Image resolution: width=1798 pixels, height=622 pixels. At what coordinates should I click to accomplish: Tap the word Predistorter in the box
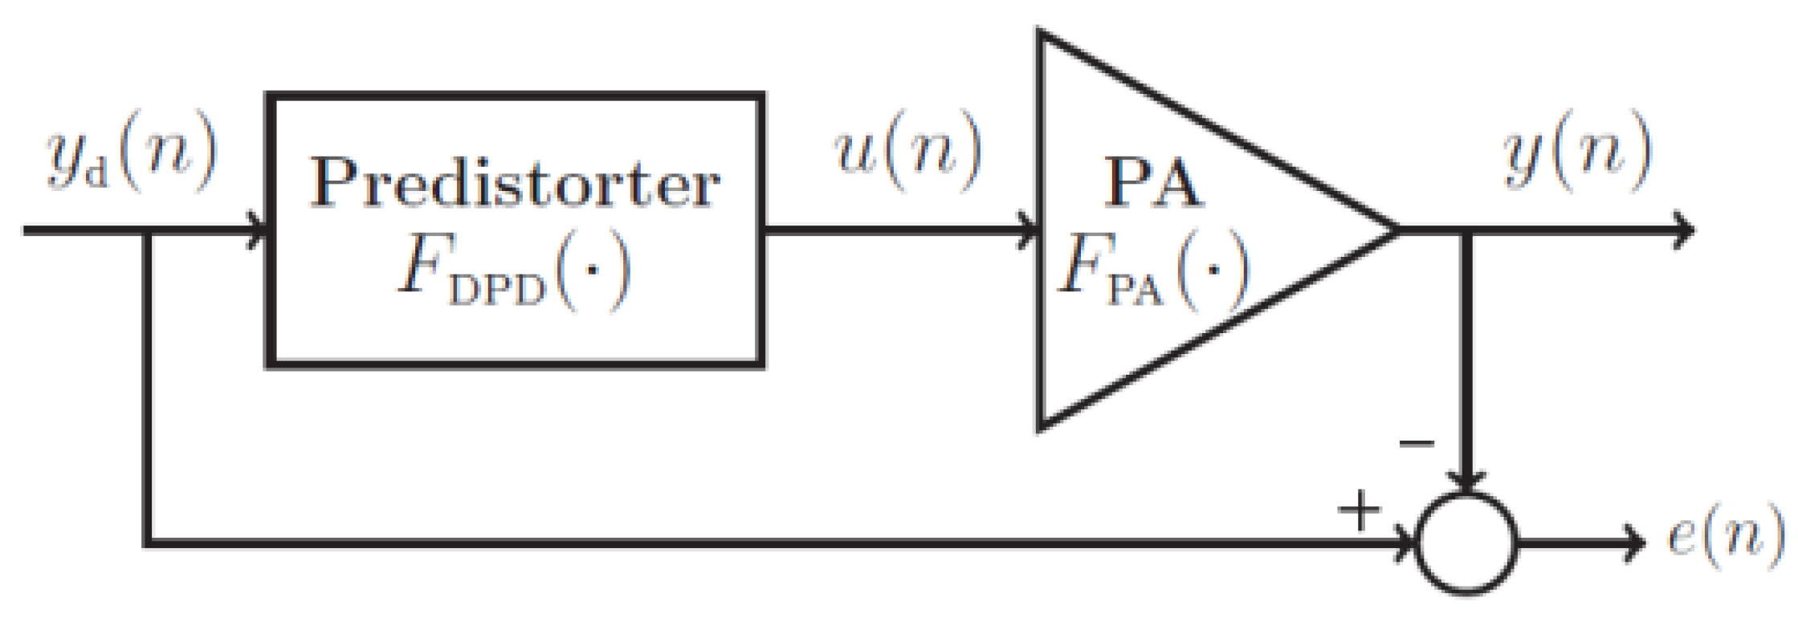(515, 183)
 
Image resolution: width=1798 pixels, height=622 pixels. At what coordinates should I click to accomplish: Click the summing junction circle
(1466, 543)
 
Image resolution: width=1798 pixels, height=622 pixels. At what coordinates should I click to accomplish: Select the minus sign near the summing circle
(1416, 443)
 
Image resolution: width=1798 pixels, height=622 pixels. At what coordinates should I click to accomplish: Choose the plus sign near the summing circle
(1359, 509)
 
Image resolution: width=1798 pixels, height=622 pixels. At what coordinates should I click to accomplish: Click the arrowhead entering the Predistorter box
(259, 230)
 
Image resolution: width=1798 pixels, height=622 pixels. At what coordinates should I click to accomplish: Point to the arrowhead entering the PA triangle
(1030, 230)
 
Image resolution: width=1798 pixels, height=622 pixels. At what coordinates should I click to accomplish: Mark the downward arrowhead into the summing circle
(1466, 482)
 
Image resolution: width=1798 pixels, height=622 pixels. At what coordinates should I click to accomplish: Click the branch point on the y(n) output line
(1466, 230)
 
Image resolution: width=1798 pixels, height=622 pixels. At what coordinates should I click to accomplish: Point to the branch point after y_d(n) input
(147, 230)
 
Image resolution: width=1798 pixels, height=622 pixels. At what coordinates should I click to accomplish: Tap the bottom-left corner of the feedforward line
(147, 543)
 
